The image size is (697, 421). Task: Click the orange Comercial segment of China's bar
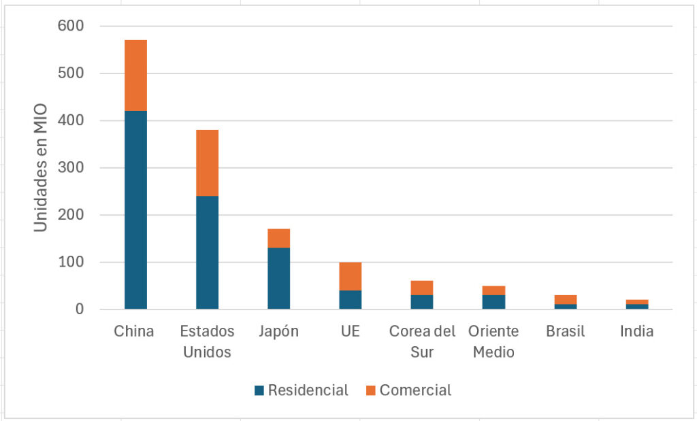point(135,75)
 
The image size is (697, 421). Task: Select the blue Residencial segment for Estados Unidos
point(207,252)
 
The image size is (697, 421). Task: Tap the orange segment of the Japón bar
point(278,239)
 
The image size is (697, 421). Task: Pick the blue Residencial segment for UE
point(351,300)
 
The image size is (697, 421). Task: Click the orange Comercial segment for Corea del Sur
point(422,288)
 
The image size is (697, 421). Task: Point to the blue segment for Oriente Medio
point(494,302)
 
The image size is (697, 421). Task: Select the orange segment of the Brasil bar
point(566,300)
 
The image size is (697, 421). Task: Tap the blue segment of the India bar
point(637,307)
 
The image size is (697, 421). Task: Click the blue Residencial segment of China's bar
point(135,210)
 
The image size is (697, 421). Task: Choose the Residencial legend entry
point(301,390)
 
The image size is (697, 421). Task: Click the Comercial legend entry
point(408,390)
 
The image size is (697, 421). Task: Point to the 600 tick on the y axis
point(71,26)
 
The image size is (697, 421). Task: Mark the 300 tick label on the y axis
point(71,167)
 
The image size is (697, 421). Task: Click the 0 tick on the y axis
point(80,309)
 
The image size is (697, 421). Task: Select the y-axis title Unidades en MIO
point(40,167)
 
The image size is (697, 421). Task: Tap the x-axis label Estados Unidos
point(207,341)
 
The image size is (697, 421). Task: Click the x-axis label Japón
point(278,332)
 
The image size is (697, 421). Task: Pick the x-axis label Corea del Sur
point(422,341)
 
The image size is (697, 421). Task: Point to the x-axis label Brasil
point(566,331)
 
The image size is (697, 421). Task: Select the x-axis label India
point(637,331)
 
